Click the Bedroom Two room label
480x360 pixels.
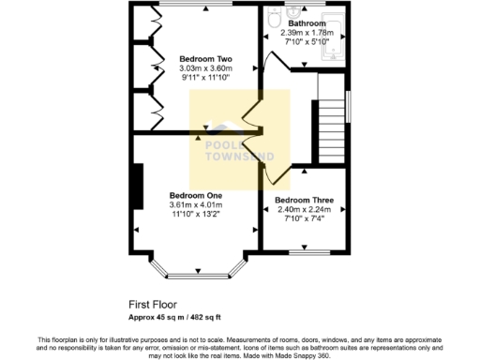click(x=205, y=59)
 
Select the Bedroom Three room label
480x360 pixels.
click(x=304, y=201)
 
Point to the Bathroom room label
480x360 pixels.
click(x=307, y=22)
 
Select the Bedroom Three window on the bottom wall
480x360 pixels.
click(x=304, y=251)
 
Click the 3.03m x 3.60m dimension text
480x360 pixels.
click(x=205, y=68)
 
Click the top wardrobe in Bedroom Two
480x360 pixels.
click(x=143, y=24)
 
